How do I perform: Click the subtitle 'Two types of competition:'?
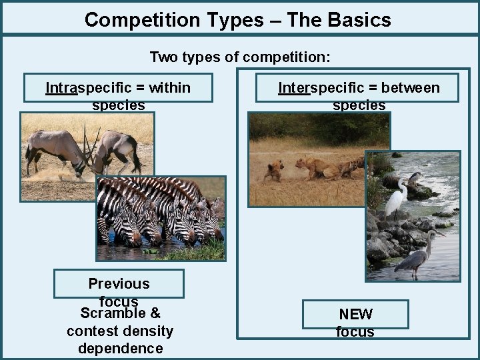click(239, 57)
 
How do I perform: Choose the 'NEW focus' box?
click(355, 315)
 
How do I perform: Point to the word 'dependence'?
click(120, 348)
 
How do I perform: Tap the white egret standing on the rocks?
click(398, 198)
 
